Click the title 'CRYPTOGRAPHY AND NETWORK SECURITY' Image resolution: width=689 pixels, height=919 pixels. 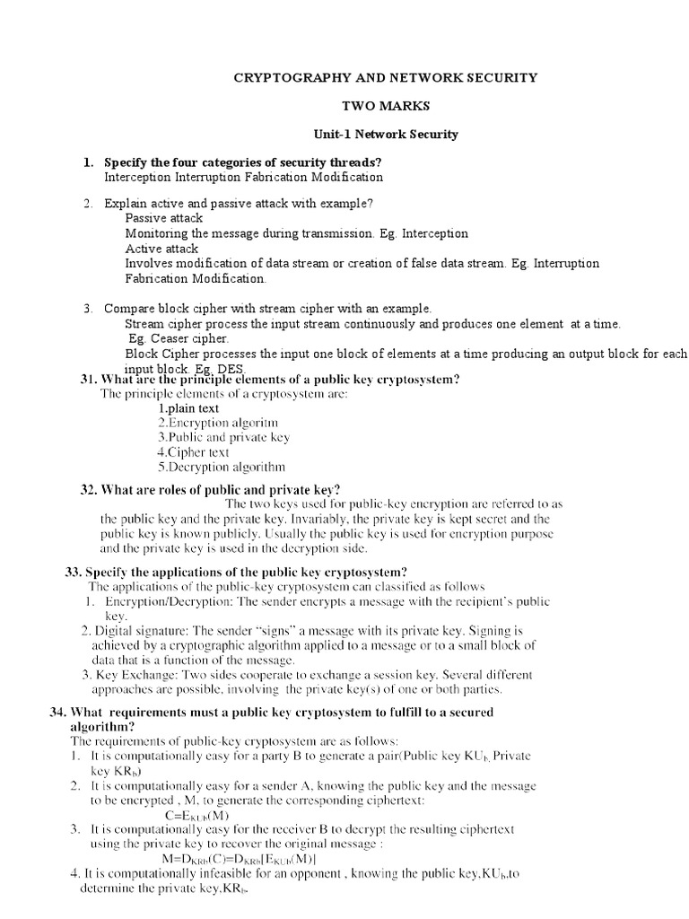385,77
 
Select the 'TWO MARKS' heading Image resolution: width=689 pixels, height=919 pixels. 385,106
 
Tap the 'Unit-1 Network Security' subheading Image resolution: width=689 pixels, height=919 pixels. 385,134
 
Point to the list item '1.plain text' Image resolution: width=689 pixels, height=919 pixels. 188,408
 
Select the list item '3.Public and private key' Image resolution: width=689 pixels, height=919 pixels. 223,437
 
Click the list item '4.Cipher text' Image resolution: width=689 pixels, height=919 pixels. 194,452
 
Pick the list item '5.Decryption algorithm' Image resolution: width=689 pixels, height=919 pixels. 222,467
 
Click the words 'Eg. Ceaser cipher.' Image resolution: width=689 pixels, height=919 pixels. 178,338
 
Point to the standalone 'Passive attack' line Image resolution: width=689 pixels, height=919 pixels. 163,218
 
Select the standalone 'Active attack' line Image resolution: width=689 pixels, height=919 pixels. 161,249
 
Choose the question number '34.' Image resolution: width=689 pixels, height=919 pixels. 58,712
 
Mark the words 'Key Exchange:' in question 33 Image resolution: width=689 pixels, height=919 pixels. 134,675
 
